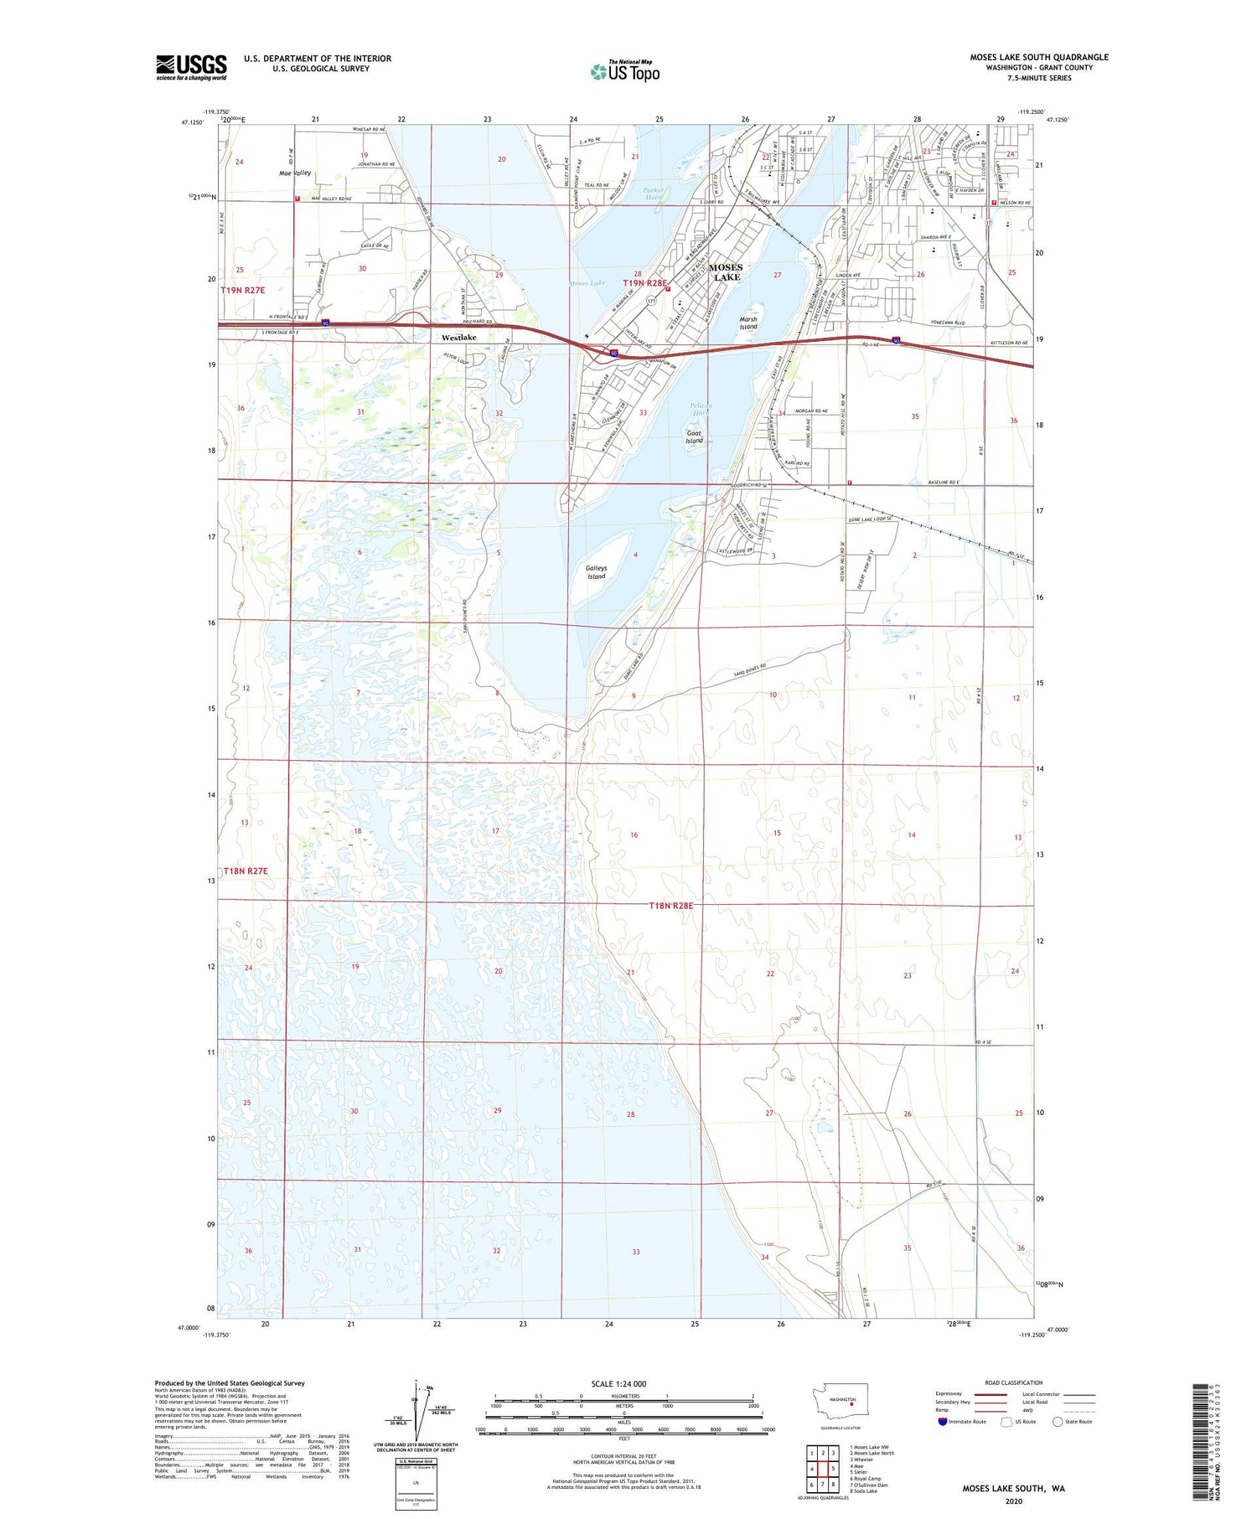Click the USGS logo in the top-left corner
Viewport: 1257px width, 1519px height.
click(x=191, y=67)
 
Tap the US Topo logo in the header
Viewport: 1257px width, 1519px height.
click(x=625, y=72)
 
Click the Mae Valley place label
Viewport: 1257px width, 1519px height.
click(x=295, y=173)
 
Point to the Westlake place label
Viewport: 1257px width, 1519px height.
click(x=458, y=338)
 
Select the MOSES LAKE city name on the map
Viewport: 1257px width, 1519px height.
click(x=726, y=272)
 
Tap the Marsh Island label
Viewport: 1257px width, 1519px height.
click(x=748, y=323)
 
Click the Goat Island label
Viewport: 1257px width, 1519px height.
click(x=694, y=437)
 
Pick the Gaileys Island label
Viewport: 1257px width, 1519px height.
click(x=597, y=572)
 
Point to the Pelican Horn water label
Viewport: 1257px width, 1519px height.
click(x=701, y=410)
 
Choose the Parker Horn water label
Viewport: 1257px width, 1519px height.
click(x=653, y=194)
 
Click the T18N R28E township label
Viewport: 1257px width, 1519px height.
click(x=671, y=906)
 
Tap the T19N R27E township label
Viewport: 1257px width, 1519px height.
click(x=243, y=290)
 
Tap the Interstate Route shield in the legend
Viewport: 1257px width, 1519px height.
click(x=943, y=1421)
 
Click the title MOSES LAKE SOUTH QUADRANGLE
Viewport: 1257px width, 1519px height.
click(x=1039, y=57)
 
